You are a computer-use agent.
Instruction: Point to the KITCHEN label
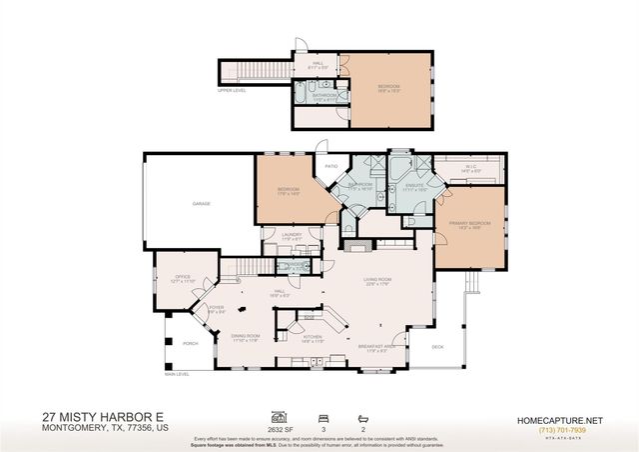(313, 337)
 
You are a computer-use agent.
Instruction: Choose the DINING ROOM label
(247, 336)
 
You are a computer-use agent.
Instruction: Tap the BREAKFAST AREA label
(376, 346)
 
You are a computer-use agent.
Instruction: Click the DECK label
(437, 347)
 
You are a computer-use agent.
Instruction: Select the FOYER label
(216, 307)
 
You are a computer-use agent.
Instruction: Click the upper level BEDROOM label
(388, 87)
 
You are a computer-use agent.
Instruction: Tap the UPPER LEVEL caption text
(232, 89)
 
